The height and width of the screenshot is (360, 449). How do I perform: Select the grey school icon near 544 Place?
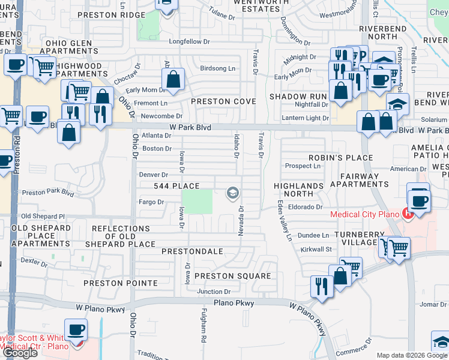coord(232,193)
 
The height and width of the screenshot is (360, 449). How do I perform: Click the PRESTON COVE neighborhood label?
coord(223,102)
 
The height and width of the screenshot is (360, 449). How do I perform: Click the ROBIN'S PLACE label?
coord(340,158)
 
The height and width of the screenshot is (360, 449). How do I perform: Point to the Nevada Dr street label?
coord(241,221)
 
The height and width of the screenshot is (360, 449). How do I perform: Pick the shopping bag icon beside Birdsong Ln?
coord(173,79)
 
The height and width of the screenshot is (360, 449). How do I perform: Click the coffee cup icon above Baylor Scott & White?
coord(76,329)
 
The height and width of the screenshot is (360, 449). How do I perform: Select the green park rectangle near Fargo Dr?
coord(197,202)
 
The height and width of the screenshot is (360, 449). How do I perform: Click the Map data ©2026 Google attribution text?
coord(412,355)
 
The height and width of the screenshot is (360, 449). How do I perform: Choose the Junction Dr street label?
coord(214,292)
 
